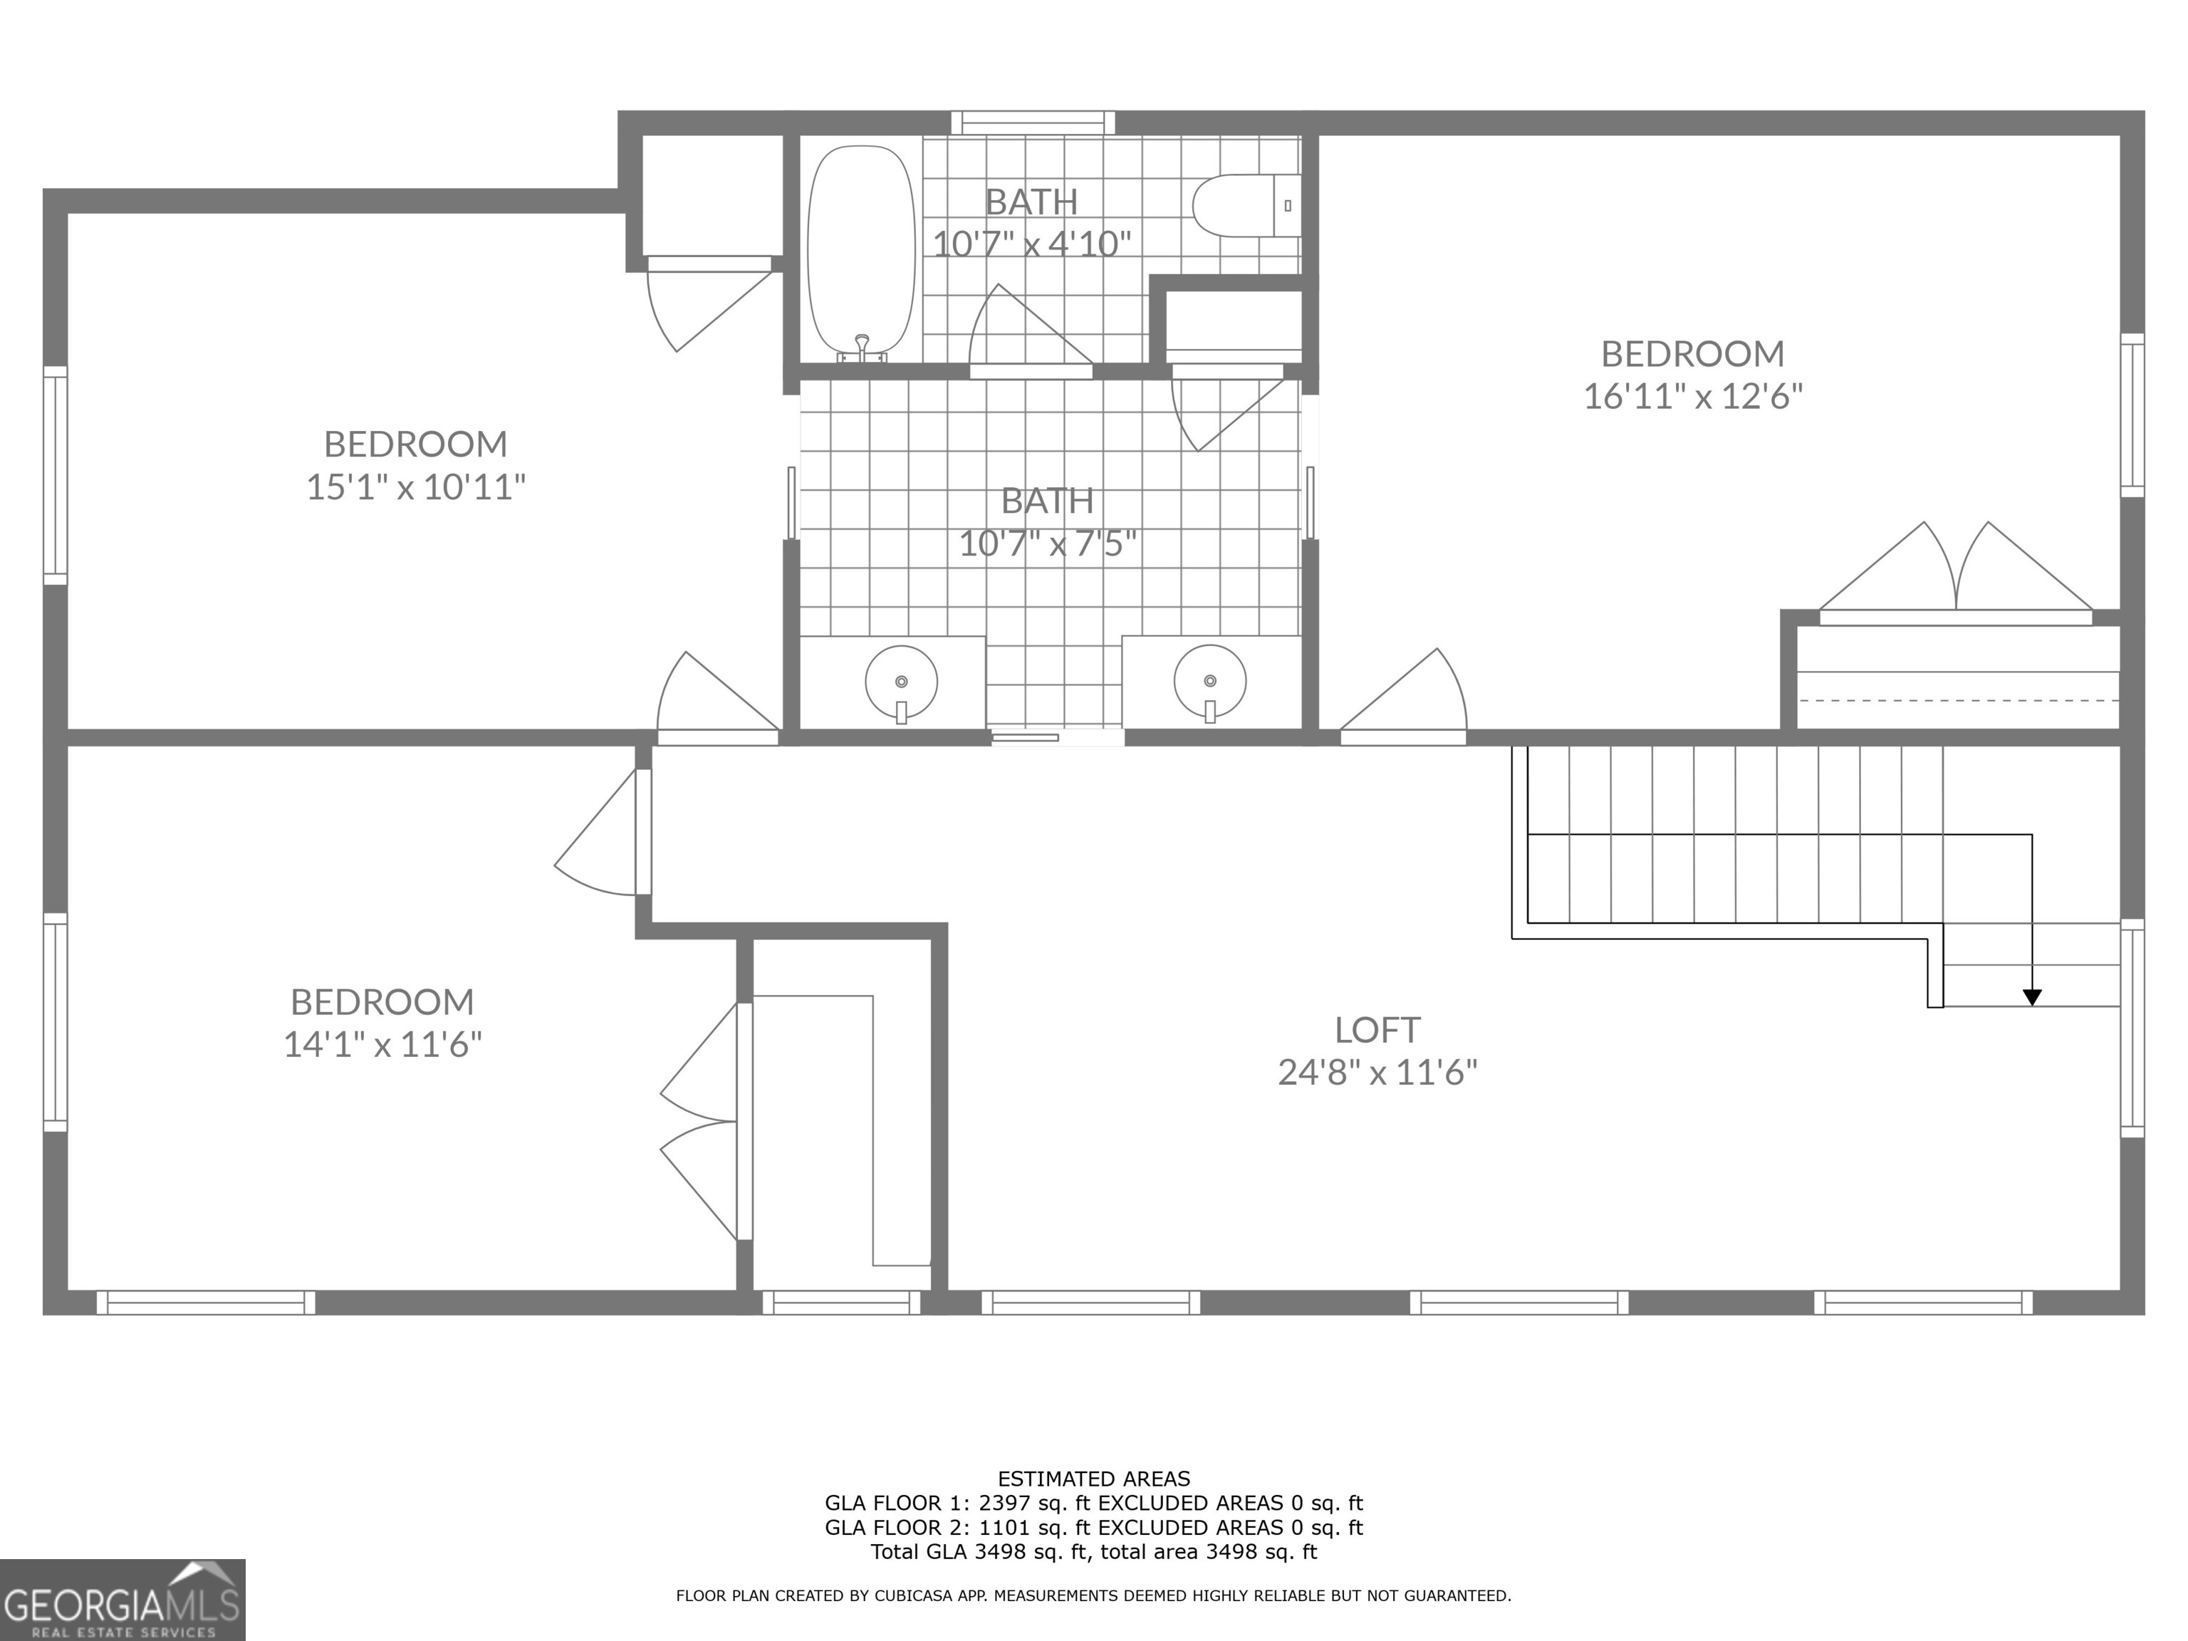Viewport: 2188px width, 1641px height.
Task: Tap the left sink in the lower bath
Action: click(x=901, y=682)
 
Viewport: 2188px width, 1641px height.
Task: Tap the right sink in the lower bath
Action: click(x=1209, y=682)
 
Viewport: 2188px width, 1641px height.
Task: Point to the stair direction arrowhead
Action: click(x=2032, y=997)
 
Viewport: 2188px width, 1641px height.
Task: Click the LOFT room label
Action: click(x=1377, y=1030)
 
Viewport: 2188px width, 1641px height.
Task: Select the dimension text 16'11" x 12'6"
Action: click(x=1692, y=397)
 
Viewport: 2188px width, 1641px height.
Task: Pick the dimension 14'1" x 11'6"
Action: click(x=382, y=1045)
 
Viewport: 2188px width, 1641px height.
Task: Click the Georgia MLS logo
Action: click(x=122, y=1600)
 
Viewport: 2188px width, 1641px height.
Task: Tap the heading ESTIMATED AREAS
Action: click(x=1094, y=1479)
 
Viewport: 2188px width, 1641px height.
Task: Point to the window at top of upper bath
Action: click(x=1033, y=123)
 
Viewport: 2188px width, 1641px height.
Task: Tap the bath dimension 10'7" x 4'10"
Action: click(x=1032, y=244)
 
